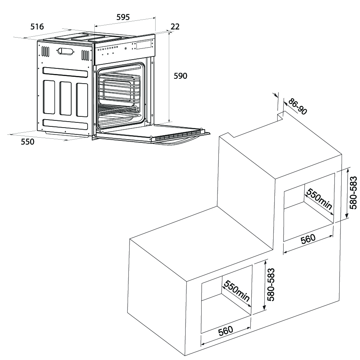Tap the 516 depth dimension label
[37, 27]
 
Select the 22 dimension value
[175, 27]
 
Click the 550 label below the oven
[27, 142]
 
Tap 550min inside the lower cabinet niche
[236, 291]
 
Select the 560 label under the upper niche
[308, 238]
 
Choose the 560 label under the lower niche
[225, 331]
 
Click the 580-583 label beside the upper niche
[352, 192]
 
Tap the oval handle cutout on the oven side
[66, 51]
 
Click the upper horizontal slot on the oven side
[65, 72]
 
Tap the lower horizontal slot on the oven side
[65, 123]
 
